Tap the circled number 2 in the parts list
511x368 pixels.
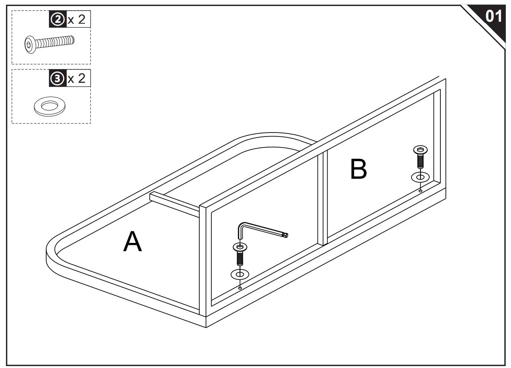58,19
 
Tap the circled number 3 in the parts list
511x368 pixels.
58,78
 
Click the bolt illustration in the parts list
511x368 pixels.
49,43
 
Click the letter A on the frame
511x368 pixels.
132,242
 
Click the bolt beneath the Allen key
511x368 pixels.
240,254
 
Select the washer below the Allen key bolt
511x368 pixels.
240,274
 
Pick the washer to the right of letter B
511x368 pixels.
421,177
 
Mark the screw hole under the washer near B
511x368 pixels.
421,191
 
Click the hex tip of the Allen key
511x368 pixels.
286,235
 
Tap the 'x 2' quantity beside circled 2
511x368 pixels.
77,19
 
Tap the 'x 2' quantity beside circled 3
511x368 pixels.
77,78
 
